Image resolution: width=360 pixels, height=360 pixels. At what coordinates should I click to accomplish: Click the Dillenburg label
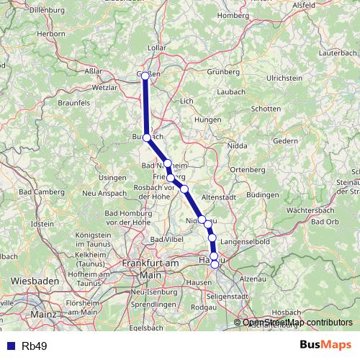(x=27, y=9)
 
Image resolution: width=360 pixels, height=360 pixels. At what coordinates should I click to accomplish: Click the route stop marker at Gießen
(x=145, y=76)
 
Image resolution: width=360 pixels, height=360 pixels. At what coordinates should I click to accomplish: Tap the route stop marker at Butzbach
(x=147, y=137)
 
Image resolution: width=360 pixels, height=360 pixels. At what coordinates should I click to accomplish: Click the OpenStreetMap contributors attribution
(x=297, y=323)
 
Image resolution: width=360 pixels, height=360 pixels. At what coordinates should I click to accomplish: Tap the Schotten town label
(x=266, y=109)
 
